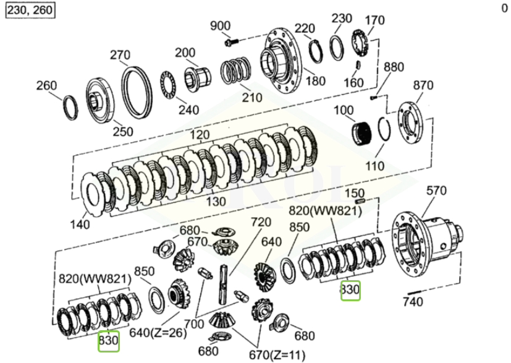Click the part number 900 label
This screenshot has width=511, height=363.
tap(220, 26)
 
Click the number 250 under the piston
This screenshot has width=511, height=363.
tap(122, 131)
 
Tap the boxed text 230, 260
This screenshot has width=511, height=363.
tap(29, 11)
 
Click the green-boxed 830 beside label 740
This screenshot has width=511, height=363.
tap(350, 290)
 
